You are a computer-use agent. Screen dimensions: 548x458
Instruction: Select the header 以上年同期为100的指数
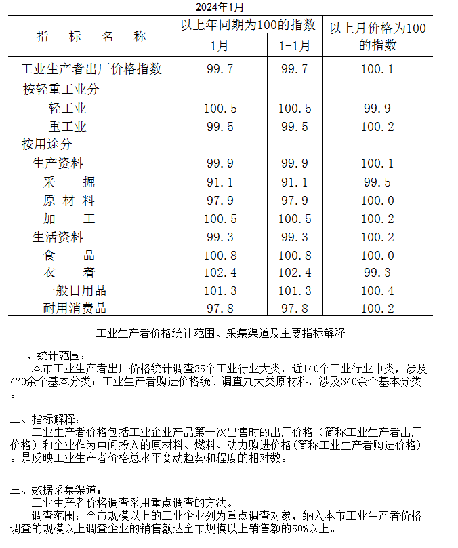(247, 25)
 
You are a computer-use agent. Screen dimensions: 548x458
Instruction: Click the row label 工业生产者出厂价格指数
(91, 69)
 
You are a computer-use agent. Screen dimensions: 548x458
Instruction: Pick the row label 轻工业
(68, 109)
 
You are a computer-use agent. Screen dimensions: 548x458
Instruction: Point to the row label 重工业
(68, 127)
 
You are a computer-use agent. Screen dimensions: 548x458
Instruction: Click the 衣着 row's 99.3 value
(377, 273)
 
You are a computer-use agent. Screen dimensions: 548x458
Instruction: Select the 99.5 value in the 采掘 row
(377, 182)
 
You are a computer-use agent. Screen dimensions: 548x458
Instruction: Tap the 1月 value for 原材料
(220, 201)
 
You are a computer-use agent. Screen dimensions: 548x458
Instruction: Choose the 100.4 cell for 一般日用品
(377, 291)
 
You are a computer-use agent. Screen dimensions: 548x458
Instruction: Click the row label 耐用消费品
(75, 309)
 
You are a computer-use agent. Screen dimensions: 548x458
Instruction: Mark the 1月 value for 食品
(220, 256)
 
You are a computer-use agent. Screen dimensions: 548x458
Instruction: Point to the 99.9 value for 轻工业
(377, 109)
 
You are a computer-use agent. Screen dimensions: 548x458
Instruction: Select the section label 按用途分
(47, 144)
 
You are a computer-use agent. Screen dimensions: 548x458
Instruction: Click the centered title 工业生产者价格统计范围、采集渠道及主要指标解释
(221, 333)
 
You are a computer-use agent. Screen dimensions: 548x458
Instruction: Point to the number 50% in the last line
(300, 529)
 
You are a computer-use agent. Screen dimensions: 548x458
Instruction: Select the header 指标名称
(91, 37)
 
